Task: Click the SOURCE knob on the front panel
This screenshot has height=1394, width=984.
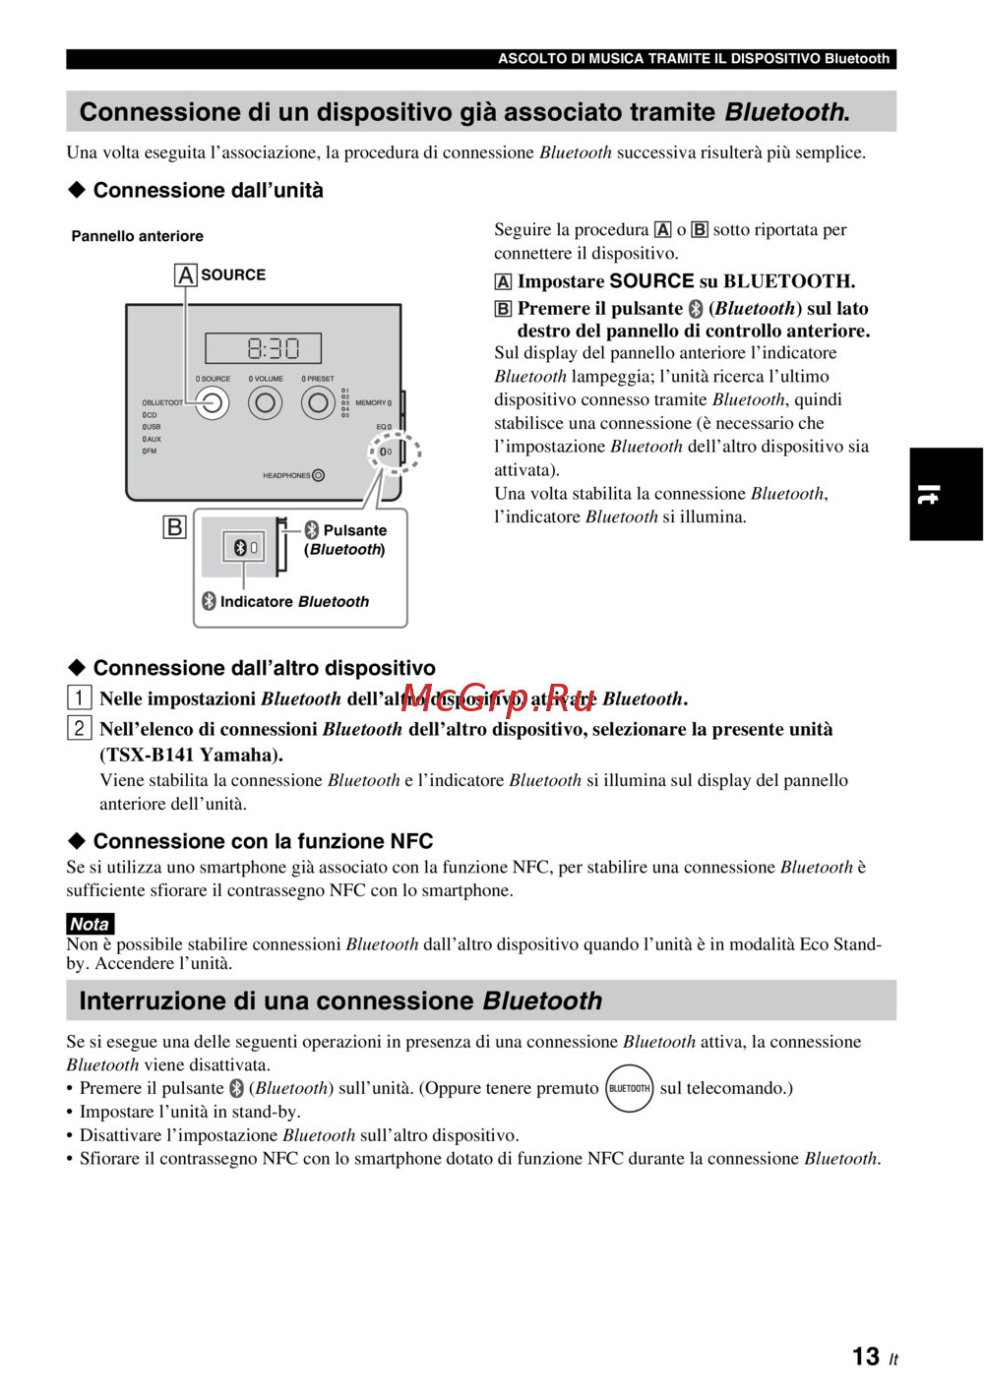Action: [x=212, y=402]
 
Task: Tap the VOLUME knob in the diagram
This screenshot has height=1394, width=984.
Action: [x=265, y=402]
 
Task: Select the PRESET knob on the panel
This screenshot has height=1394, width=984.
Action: [x=318, y=402]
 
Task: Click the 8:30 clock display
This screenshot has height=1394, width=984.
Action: [x=264, y=348]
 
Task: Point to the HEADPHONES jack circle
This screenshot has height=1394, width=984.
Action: [x=318, y=475]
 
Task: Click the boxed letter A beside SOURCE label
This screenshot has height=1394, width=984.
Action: [x=185, y=275]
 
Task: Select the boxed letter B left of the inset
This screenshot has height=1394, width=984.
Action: [x=174, y=527]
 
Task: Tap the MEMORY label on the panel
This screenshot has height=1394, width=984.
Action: [x=371, y=402]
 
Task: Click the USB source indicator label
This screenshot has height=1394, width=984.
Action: [x=152, y=427]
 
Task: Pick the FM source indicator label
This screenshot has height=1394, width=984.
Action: [x=150, y=452]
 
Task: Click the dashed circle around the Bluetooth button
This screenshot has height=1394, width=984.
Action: [x=394, y=452]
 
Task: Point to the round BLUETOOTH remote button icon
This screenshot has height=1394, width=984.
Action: [x=630, y=1088]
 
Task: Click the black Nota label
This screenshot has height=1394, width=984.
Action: [x=90, y=924]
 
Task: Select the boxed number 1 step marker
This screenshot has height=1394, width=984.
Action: [x=79, y=698]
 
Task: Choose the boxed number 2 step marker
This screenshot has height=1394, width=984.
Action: [x=79, y=729]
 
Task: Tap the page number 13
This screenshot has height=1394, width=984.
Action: [x=866, y=1357]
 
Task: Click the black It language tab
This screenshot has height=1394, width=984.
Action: [x=946, y=494]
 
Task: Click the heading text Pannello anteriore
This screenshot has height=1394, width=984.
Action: [x=137, y=236]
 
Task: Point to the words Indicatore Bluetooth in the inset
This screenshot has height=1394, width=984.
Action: [x=294, y=601]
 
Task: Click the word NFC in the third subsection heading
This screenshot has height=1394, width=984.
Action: [x=411, y=841]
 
